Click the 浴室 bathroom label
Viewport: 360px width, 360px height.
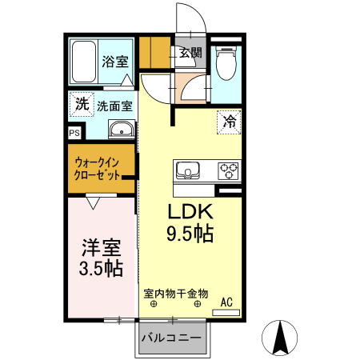(114, 60)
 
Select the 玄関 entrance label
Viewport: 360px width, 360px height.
(190, 54)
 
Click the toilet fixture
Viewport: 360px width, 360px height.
(226, 62)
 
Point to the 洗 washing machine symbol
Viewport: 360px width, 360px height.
(81, 103)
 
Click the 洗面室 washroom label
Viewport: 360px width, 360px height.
(114, 105)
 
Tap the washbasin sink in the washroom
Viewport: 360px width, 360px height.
(122, 130)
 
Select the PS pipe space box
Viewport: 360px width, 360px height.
(74, 134)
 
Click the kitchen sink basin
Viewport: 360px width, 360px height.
(188, 170)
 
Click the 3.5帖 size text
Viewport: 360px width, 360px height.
(101, 268)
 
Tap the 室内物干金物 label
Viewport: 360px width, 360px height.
(176, 293)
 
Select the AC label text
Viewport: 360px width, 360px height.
(226, 302)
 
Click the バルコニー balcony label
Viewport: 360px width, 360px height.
(171, 338)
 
